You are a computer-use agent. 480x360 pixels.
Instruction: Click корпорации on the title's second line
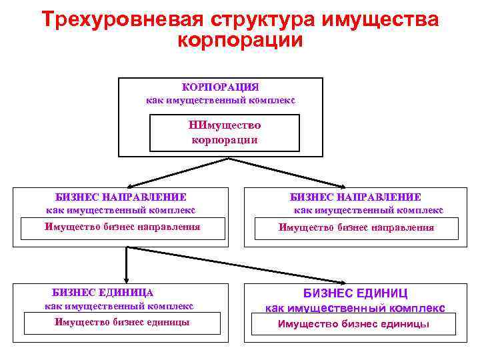point(240,41)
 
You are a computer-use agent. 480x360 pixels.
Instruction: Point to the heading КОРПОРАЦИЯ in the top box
point(220,87)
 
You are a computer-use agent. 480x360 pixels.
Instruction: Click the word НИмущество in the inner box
point(225,125)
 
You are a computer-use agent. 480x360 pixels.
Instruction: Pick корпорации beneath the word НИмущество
point(225,140)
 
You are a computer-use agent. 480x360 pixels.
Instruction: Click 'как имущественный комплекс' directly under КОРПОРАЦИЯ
point(220,101)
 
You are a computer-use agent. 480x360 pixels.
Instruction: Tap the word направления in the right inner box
point(404,227)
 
